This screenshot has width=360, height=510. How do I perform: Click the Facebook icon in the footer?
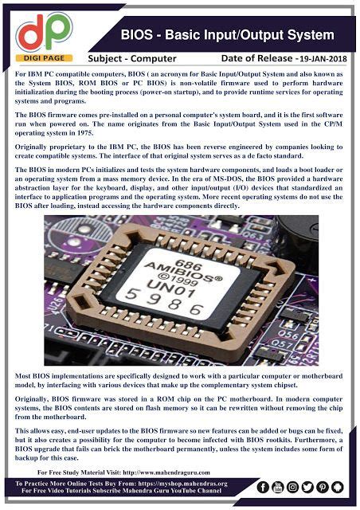[x=255, y=485]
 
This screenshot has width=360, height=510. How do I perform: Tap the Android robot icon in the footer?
[x=346, y=485]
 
